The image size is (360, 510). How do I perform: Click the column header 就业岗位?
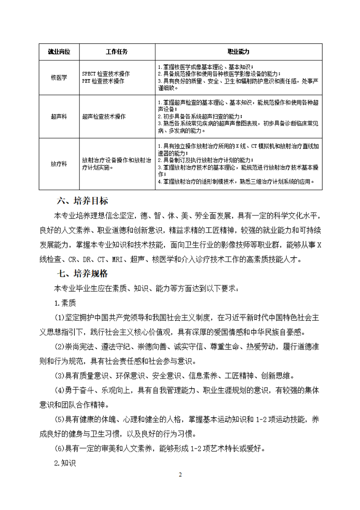(x=59, y=52)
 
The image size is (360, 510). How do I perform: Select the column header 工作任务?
(x=117, y=52)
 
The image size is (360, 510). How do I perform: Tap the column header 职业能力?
(x=238, y=52)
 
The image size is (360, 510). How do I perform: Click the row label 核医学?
(x=59, y=77)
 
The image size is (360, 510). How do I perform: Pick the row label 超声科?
(x=59, y=117)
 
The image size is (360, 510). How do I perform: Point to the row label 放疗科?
(x=59, y=164)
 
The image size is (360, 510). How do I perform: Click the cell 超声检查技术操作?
(x=104, y=117)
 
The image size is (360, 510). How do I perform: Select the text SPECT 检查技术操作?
(x=106, y=74)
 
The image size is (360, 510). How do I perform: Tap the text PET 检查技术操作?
(x=103, y=81)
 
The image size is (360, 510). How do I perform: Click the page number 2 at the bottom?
(x=180, y=475)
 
